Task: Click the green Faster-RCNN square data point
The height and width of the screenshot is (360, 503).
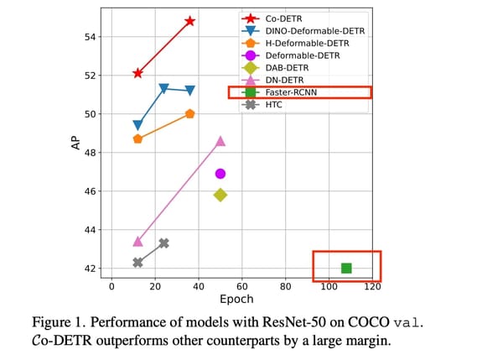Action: click(346, 268)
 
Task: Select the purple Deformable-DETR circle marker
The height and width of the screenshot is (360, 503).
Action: click(220, 174)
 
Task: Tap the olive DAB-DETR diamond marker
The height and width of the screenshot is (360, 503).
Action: click(220, 195)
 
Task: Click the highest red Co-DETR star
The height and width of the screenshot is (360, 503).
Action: click(190, 21)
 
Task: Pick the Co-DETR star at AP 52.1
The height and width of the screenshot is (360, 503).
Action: click(137, 73)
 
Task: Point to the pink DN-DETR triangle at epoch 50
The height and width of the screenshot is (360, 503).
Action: click(220, 141)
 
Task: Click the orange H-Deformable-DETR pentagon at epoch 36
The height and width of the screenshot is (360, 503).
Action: click(190, 114)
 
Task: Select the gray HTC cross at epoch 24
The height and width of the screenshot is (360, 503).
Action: click(163, 243)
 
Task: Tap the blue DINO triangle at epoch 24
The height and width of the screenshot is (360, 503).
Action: click(163, 88)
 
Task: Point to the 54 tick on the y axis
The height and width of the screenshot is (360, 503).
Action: click(91, 37)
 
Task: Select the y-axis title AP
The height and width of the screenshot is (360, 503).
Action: click(75, 143)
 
